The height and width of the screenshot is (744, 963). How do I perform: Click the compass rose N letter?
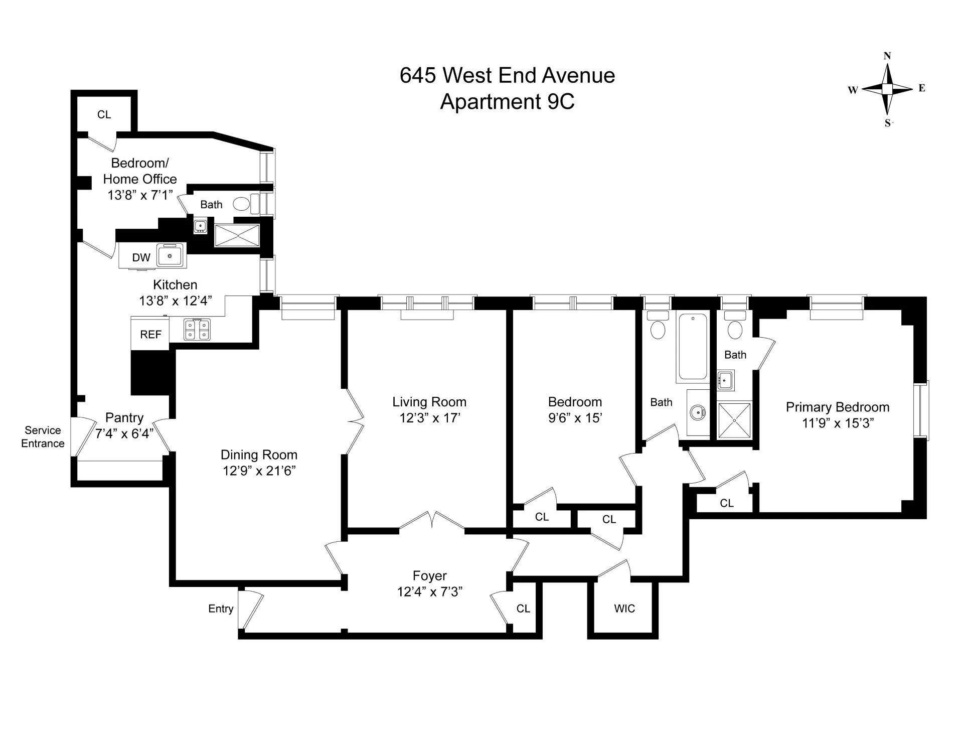887,56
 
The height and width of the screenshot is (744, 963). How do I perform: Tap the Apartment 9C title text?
507,102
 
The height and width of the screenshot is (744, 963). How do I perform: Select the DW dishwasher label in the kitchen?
141,257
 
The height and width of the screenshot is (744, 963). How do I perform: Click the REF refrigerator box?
150,334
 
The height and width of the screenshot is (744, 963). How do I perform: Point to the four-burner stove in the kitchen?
197,330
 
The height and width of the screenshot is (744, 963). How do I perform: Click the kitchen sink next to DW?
171,256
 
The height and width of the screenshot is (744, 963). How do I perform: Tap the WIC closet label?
624,609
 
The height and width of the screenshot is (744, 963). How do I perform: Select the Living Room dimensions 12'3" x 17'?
430,418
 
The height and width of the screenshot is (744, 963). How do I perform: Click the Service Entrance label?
43,436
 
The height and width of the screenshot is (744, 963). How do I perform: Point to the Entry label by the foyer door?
221,609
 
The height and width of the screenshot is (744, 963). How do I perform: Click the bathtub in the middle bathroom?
693,346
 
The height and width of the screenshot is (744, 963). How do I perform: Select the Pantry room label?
124,417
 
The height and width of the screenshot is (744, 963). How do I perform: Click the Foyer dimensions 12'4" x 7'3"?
430,591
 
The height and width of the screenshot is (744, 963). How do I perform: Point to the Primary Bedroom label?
837,407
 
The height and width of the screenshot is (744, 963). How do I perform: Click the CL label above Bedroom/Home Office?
104,114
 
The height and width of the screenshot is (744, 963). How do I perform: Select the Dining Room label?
259,455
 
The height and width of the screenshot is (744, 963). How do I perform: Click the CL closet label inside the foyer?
523,609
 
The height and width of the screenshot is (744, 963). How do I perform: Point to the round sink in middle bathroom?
697,413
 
